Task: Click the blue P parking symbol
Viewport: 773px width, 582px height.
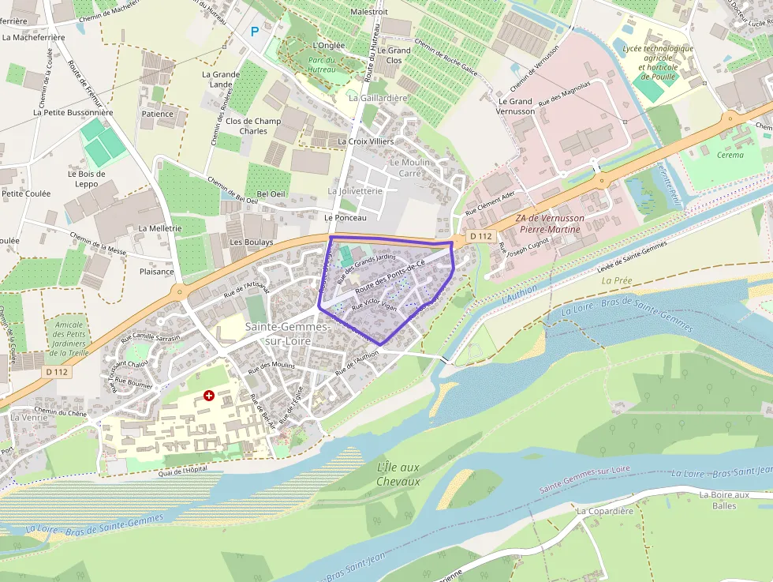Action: [x=254, y=32]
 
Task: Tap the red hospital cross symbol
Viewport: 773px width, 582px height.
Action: [x=208, y=395]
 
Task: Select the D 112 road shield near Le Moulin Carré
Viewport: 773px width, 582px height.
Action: [x=480, y=236]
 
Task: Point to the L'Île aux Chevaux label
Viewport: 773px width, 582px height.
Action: [x=398, y=475]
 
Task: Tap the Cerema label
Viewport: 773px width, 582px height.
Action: [x=730, y=155]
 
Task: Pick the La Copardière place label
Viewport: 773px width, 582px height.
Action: [x=605, y=511]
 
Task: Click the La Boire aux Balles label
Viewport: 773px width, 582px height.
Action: [x=723, y=500]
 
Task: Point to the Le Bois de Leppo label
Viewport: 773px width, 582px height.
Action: [x=86, y=178]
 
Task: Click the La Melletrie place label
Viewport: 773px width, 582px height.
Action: [x=160, y=228]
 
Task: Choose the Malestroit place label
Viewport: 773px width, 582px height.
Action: [x=369, y=12]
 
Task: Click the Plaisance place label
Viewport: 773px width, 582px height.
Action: [x=156, y=271]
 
